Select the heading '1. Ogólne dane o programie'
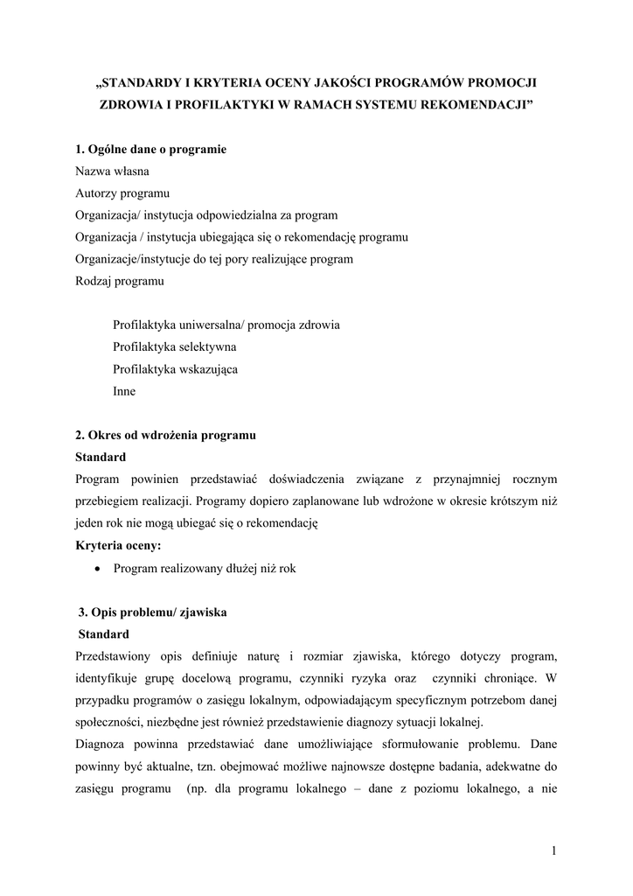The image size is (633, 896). click(x=151, y=150)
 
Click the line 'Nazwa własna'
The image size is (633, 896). click(x=112, y=171)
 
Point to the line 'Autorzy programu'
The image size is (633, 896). click(x=122, y=193)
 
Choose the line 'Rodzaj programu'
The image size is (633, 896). click(x=120, y=282)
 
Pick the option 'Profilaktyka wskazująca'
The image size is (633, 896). click(x=175, y=369)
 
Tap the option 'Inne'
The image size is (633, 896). click(x=124, y=391)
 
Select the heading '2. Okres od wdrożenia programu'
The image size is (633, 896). click(x=165, y=435)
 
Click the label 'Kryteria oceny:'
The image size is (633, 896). click(x=118, y=545)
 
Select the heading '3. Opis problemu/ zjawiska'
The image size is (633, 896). click(x=153, y=612)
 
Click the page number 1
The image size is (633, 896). click(x=554, y=850)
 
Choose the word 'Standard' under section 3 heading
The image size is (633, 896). click(x=104, y=634)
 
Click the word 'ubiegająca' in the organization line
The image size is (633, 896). click(x=226, y=237)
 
